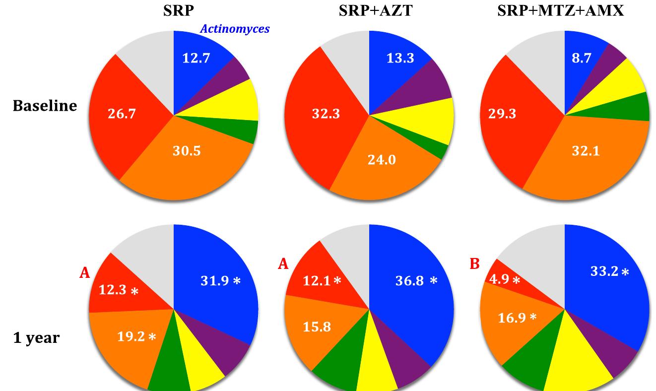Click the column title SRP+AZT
click(x=375, y=10)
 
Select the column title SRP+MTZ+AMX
click(x=560, y=10)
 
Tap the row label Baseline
click(x=45, y=106)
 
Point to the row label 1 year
click(x=36, y=338)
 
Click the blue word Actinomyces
click(x=235, y=29)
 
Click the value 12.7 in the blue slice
click(x=196, y=58)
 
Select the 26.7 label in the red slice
click(x=122, y=114)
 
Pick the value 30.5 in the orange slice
click(x=187, y=151)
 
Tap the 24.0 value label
click(x=382, y=160)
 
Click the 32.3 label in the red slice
click(x=326, y=114)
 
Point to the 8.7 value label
click(x=581, y=58)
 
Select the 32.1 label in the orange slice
click(x=586, y=151)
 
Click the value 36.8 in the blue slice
click(x=409, y=281)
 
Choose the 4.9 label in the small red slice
click(x=500, y=280)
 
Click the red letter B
click(x=474, y=264)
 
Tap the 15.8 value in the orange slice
click(x=317, y=327)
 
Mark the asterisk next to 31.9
click(x=237, y=281)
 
